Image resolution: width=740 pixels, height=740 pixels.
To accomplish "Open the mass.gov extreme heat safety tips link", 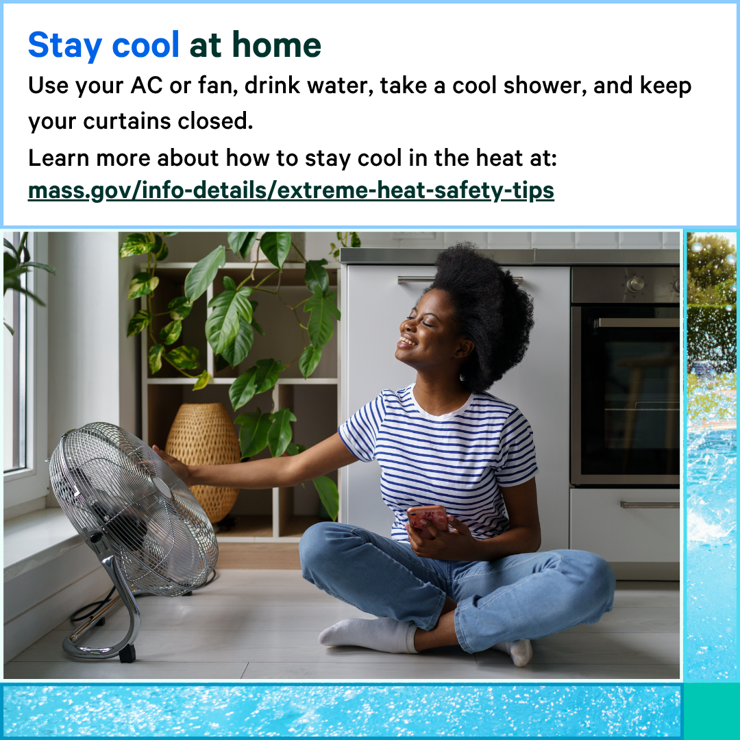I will tap(291, 190).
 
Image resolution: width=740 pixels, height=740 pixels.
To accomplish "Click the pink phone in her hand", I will tap(428, 517).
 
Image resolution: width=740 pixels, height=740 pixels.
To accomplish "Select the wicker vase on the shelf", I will tap(203, 458).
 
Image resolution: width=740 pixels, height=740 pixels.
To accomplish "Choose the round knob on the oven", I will tap(636, 283).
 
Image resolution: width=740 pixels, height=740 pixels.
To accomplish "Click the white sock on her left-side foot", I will tap(367, 634).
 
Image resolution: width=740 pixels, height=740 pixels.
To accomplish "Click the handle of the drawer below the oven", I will tap(650, 505).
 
